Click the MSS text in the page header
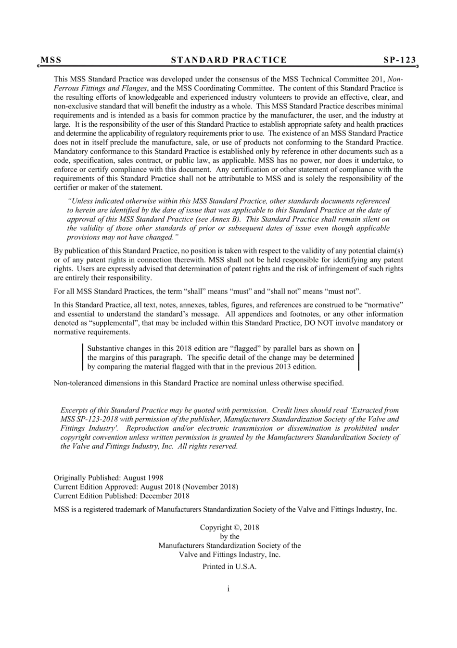[51, 60]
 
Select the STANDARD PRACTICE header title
[229, 60]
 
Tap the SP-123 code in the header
[400, 60]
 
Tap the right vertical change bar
[359, 357]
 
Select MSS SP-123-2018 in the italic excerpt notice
[89, 419]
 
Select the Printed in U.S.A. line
[229, 567]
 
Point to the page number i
[228, 588]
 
